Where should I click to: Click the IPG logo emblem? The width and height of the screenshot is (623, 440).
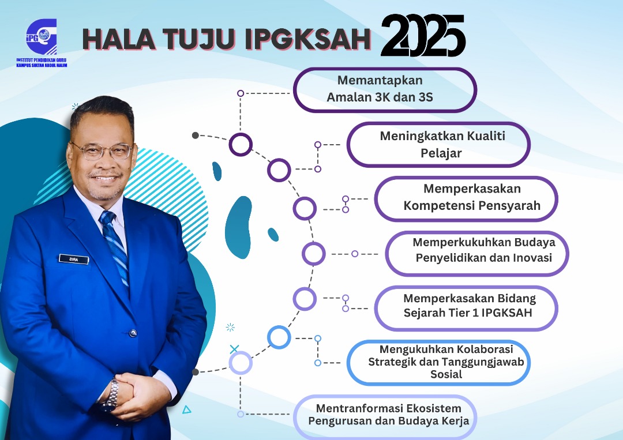42,37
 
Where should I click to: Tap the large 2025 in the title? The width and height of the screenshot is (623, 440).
423,36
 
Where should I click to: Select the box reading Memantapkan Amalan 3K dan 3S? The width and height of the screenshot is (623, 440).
385,90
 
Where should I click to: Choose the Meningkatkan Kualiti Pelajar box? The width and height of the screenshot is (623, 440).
438,145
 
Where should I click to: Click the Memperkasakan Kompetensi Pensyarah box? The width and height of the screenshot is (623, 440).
466,198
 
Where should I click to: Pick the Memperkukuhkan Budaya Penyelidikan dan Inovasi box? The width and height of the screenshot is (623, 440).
477,253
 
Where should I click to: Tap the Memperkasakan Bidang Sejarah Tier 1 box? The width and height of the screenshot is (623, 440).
466,308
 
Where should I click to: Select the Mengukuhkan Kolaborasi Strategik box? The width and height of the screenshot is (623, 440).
438,363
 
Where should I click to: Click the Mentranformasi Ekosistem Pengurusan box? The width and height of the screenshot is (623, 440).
385,417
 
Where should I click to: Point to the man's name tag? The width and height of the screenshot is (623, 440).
74,260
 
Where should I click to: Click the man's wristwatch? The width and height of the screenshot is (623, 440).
111,396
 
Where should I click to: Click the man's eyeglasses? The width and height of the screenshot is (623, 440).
102,151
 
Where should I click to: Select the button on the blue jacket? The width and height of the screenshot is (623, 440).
133,333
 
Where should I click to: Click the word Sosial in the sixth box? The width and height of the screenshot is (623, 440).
446,374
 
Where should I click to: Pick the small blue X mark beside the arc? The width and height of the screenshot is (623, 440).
234,349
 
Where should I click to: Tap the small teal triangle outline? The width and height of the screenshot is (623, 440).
187,409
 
